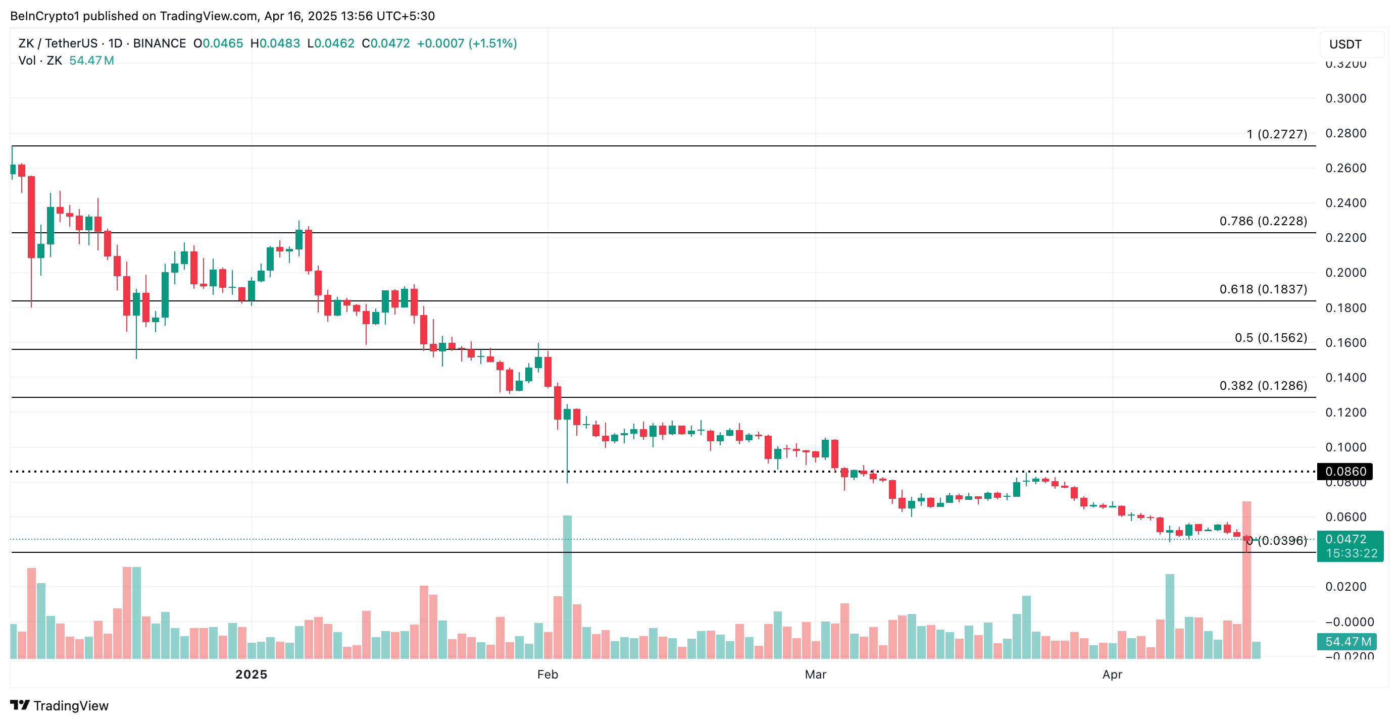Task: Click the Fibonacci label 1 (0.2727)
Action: [1276, 134]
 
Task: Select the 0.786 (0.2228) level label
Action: [1263, 221]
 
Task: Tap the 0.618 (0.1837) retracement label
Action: [1263, 289]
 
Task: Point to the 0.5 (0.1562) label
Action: [1270, 338]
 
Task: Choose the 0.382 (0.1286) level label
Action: [1263, 385]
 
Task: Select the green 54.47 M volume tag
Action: [1347, 642]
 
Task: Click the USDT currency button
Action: [1345, 44]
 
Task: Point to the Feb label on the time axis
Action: [547, 674]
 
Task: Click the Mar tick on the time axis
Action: [815, 674]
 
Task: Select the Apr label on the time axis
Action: [1112, 674]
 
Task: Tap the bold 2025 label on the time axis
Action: [251, 674]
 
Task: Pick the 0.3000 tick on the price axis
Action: [1345, 98]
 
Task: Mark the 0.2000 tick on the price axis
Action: [1345, 273]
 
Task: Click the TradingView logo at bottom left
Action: [60, 706]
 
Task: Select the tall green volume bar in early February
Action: [567, 586]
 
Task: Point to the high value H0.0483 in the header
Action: [275, 43]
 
